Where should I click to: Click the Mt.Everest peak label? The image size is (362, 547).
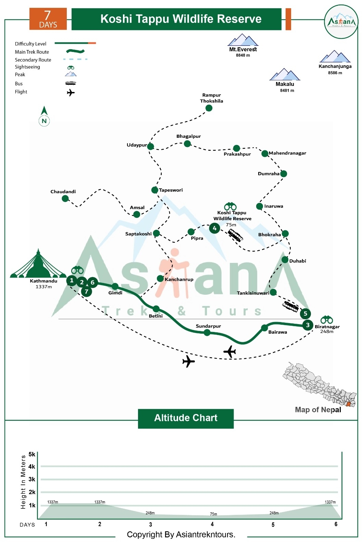click(x=243, y=49)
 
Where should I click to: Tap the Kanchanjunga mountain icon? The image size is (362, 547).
click(x=335, y=56)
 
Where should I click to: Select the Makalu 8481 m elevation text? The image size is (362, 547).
click(x=287, y=91)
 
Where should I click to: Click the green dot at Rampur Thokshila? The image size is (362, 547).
click(x=209, y=108)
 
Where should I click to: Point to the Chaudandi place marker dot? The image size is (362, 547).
click(x=65, y=198)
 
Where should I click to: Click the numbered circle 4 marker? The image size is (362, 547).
click(x=214, y=228)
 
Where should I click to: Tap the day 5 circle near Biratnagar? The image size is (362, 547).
click(x=305, y=313)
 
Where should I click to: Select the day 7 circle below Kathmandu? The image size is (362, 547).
click(x=87, y=292)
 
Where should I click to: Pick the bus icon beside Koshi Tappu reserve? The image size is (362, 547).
click(x=236, y=235)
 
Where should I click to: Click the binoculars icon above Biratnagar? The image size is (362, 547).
click(x=327, y=319)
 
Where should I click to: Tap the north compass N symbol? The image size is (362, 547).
click(x=44, y=120)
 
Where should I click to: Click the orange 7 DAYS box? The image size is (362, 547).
click(x=48, y=19)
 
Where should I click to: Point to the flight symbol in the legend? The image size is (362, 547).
click(x=71, y=93)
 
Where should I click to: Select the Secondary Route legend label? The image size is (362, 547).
click(x=33, y=60)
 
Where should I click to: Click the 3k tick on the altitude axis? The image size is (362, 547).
click(x=32, y=479)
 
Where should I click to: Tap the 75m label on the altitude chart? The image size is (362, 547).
click(x=213, y=514)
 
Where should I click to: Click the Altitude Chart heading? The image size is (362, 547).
click(x=186, y=418)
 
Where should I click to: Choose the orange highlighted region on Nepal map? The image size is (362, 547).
click(x=349, y=404)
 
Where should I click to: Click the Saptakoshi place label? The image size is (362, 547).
click(x=138, y=234)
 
